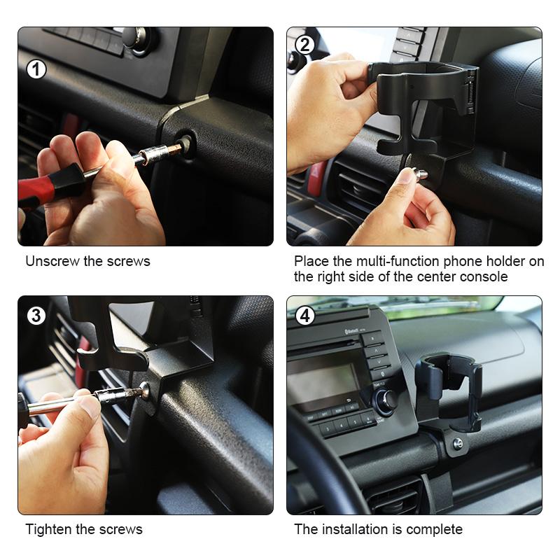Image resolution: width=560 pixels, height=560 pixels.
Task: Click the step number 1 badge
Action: pyautogui.click(x=36, y=69)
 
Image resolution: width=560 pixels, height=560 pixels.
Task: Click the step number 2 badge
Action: pyautogui.click(x=304, y=45)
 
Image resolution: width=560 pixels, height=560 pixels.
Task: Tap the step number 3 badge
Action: pyautogui.click(x=36, y=315)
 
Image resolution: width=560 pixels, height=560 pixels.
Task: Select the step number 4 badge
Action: pyautogui.click(x=304, y=316)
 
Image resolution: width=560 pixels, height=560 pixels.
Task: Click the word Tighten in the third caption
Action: pyautogui.click(x=49, y=529)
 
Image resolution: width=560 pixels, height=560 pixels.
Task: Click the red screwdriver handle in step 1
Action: pyautogui.click(x=49, y=185)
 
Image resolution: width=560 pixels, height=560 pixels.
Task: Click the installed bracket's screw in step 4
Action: pyautogui.click(x=457, y=443)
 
